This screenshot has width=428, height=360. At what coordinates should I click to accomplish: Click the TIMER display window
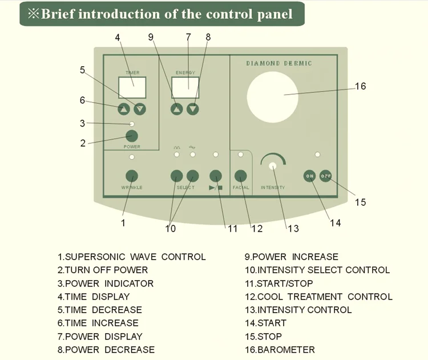[x=132, y=87]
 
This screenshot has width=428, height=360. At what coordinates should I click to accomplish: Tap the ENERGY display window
[x=185, y=87]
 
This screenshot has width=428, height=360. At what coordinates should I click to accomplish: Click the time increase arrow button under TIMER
[x=124, y=108]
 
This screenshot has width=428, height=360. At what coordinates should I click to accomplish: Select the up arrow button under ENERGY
[x=177, y=108]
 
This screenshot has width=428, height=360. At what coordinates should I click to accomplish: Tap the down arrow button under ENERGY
[x=193, y=108]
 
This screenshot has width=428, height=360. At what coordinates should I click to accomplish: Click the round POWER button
[x=132, y=135]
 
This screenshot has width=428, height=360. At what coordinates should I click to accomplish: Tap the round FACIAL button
[x=240, y=176]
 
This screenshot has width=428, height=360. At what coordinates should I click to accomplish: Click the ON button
[x=310, y=176]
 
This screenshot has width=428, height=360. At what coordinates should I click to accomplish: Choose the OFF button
[x=326, y=176]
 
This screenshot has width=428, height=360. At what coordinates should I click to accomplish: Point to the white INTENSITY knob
[x=272, y=166]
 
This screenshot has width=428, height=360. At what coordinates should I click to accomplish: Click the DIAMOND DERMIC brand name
[x=279, y=63]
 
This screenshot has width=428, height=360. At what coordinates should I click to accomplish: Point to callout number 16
[x=360, y=86]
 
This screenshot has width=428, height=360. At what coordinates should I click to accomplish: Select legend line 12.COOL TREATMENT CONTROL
[x=318, y=297]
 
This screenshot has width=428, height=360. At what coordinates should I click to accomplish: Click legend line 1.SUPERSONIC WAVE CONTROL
[x=131, y=257]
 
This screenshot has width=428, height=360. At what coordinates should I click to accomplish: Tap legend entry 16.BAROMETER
[x=280, y=350]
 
